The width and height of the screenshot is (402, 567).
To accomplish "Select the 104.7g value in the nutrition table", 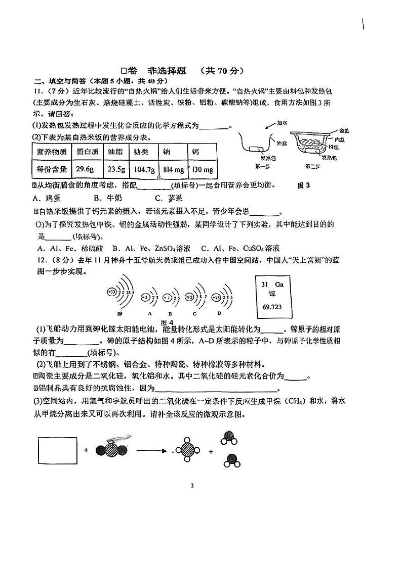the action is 144,169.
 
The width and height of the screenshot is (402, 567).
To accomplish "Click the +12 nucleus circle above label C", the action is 190,297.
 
